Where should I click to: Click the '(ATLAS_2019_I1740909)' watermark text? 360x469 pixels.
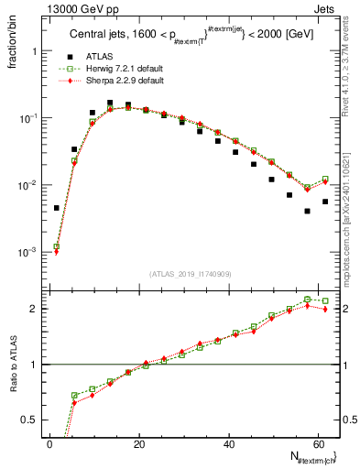tap(191, 274)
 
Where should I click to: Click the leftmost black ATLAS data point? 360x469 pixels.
tap(56, 208)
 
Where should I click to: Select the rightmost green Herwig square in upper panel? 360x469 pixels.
tap(325, 180)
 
